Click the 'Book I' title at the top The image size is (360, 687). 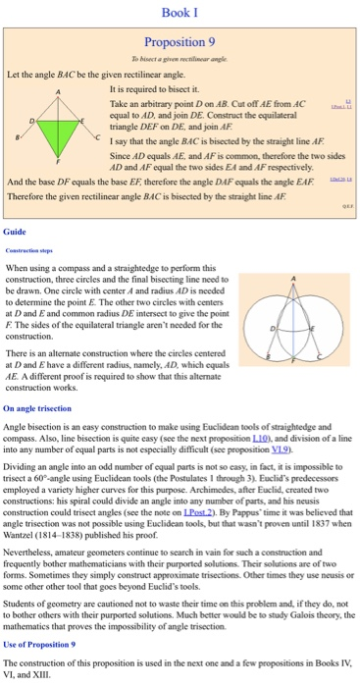click(180, 13)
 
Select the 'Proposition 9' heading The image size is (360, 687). click(180, 42)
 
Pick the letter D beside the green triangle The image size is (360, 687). click(34, 120)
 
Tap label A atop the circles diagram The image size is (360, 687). click(294, 278)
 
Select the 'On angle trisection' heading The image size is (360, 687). click(37, 405)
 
